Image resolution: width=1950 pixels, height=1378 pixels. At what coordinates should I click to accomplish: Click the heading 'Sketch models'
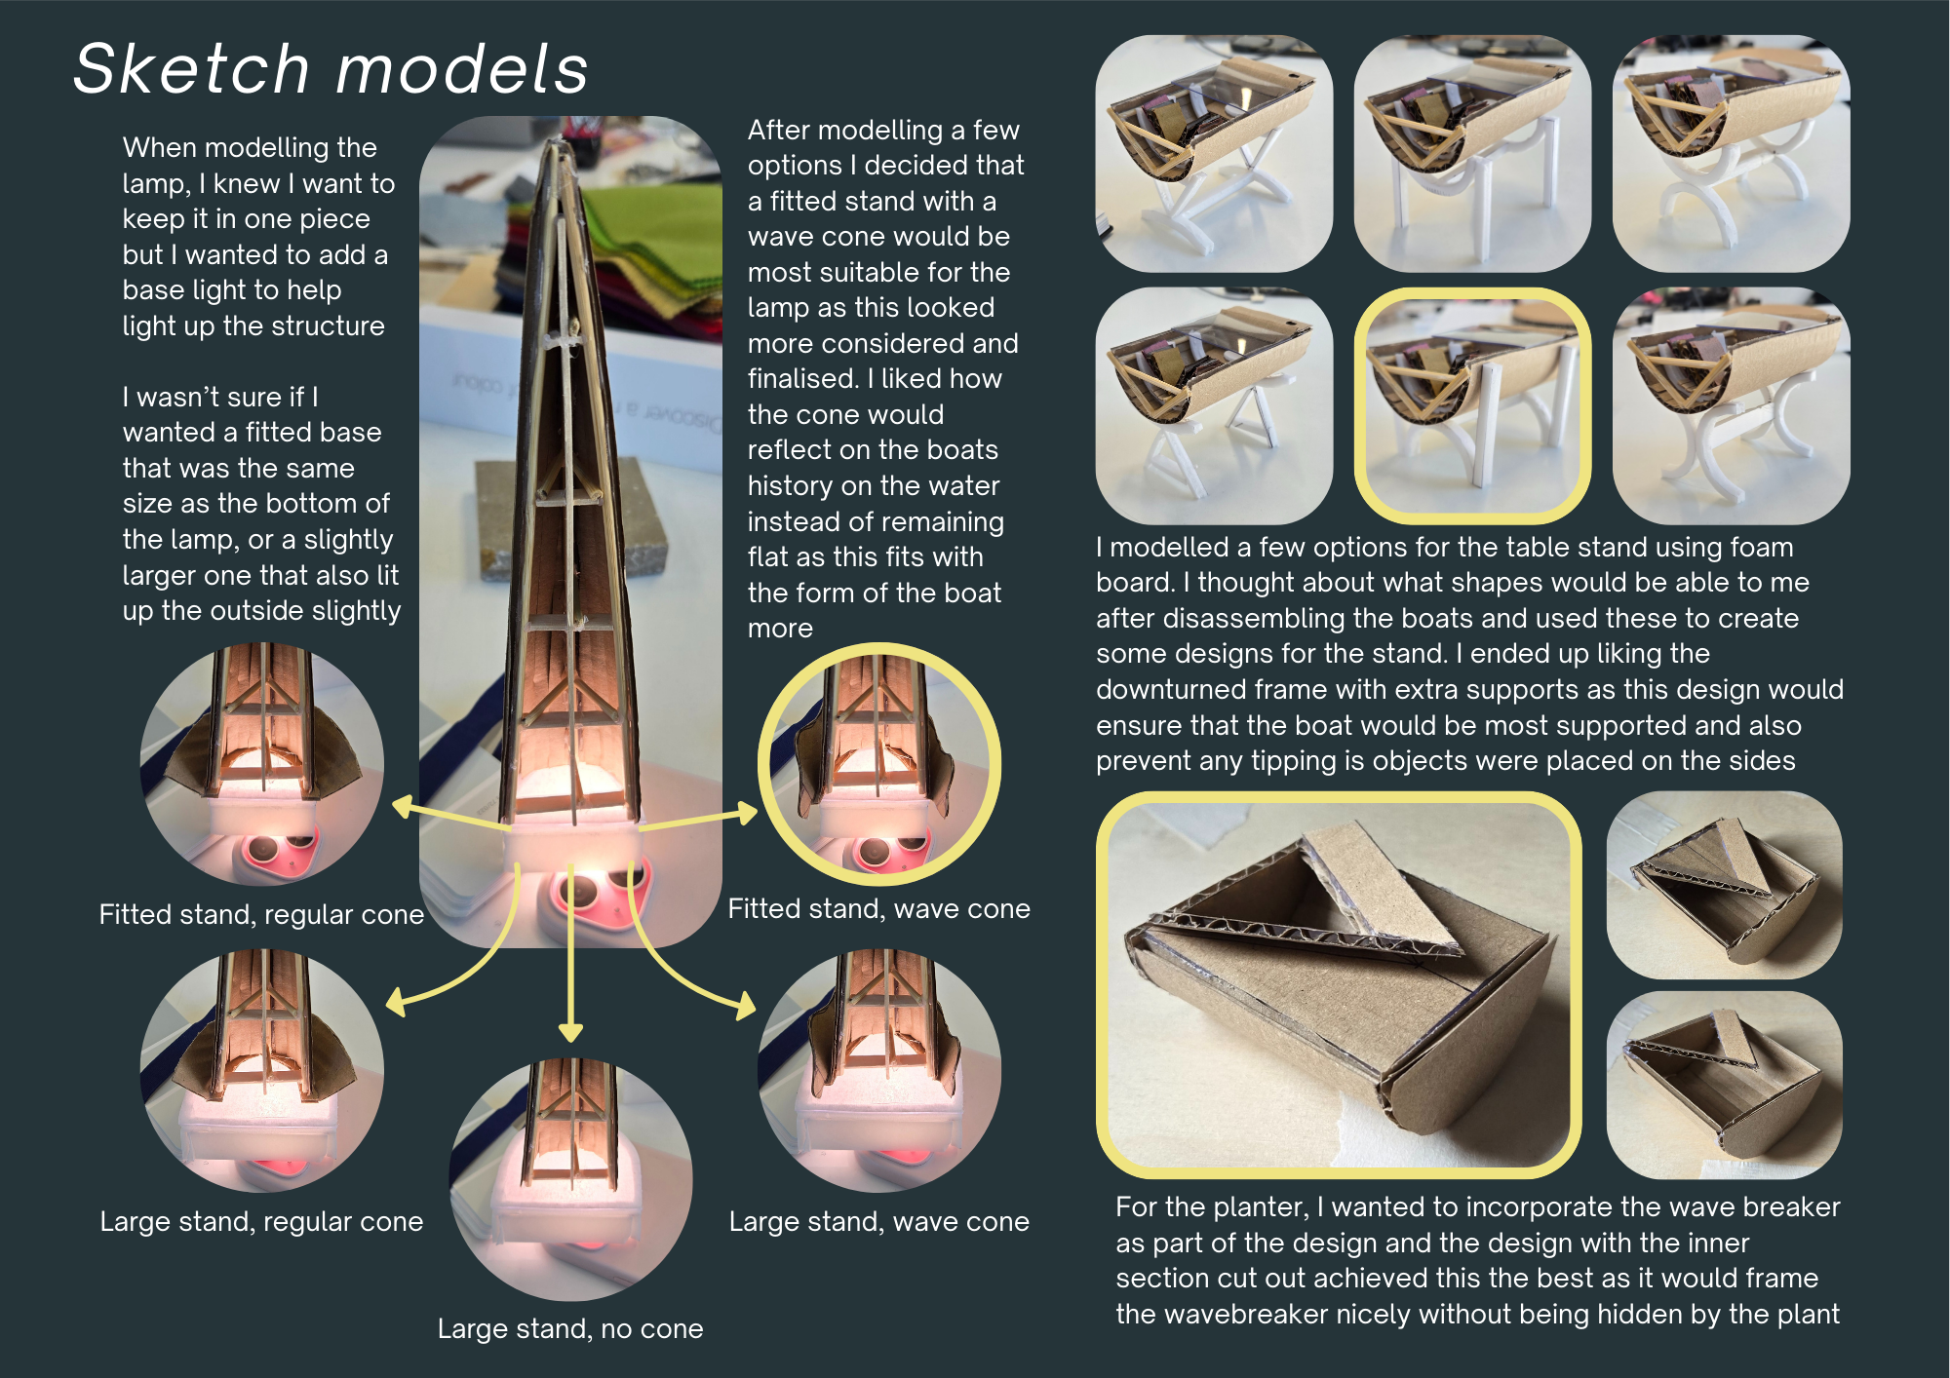331,69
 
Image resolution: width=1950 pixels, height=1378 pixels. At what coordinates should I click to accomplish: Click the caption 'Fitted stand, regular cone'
261,914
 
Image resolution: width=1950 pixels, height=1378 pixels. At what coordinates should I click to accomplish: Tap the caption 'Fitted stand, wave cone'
878,908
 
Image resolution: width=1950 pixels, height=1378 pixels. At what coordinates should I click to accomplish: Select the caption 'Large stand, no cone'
570,1328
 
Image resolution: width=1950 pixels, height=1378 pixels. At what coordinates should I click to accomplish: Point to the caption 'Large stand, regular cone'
261,1221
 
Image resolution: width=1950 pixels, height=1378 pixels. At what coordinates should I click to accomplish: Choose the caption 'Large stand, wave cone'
878,1221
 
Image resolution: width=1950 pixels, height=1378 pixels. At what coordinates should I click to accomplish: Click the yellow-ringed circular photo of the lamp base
879,764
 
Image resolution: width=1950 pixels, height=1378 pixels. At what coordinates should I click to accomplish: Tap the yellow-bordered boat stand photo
1472,405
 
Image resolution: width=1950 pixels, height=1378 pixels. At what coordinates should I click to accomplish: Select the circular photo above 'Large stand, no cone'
570,1179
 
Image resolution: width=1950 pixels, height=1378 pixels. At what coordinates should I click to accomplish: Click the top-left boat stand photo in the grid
1214,154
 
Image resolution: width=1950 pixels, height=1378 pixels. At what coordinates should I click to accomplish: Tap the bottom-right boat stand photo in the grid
1732,405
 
